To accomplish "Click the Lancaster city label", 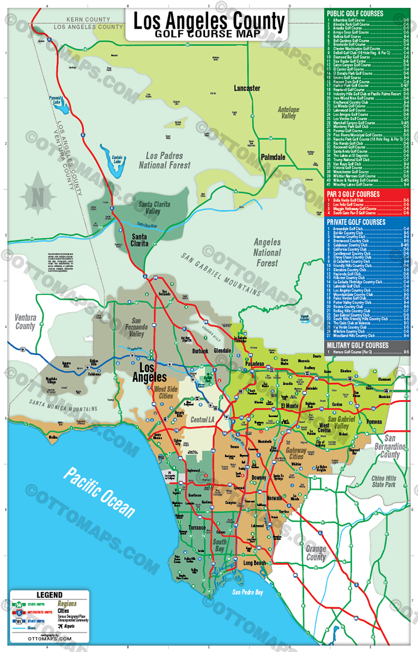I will [247, 88].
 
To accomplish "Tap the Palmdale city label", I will [273, 157].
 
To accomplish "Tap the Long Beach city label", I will [254, 563].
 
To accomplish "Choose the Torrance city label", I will [197, 528].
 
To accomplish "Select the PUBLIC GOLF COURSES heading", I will [355, 13].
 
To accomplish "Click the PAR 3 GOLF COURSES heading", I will [353, 194].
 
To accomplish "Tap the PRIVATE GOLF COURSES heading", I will [355, 222].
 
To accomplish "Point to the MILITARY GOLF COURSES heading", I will [357, 345].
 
